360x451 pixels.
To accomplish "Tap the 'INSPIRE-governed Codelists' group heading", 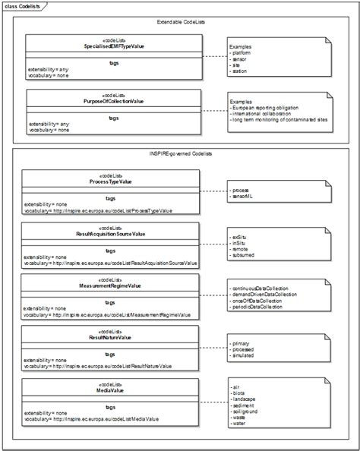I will (x=180, y=154).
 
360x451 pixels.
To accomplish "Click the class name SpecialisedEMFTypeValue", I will (x=115, y=46).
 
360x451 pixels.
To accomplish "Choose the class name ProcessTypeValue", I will (x=111, y=182).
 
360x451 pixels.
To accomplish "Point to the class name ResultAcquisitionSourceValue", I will (x=111, y=235).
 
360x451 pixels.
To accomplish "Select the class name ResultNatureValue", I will (x=111, y=337).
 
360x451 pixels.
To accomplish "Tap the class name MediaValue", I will (x=111, y=389).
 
